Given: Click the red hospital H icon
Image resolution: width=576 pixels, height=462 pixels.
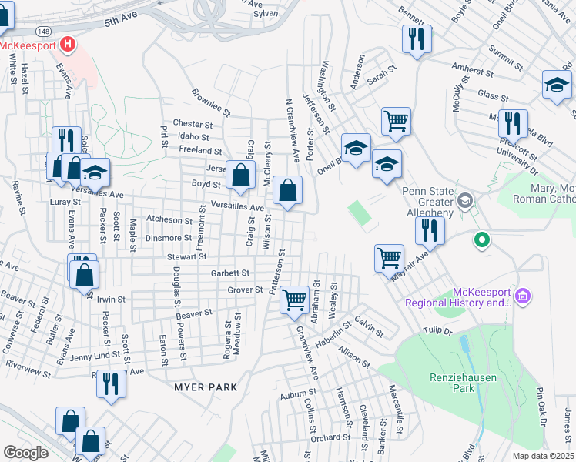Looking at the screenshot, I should click(x=68, y=45).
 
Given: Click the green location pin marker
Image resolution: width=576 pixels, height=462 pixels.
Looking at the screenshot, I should click(x=482, y=240).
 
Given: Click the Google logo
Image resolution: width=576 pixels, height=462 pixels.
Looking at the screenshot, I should click(x=25, y=453).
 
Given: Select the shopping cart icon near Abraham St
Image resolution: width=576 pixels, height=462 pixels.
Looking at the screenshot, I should click(x=294, y=299).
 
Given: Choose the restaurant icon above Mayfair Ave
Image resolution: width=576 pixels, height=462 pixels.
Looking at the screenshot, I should click(x=429, y=230).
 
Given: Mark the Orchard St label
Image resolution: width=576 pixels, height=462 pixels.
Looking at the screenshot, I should click(x=331, y=437).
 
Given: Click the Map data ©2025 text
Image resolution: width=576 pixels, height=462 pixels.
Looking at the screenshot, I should click(x=542, y=455).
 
